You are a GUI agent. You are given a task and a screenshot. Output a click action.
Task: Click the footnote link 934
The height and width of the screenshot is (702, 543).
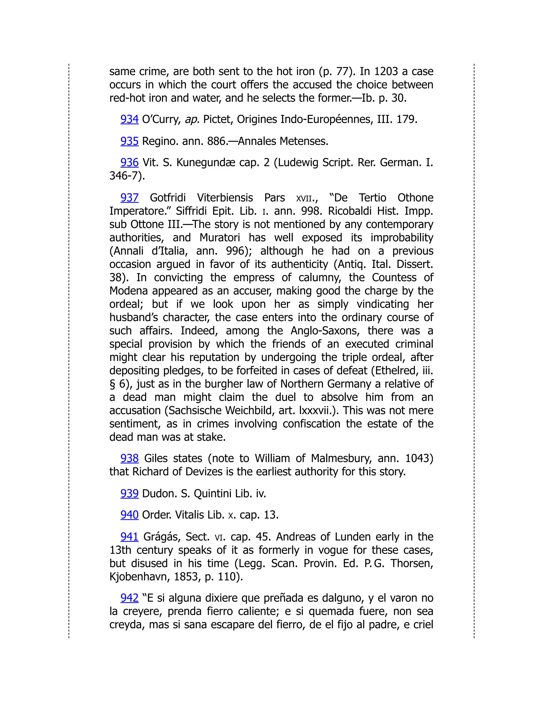129,119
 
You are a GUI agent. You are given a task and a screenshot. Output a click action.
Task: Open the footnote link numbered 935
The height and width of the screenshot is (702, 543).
129,141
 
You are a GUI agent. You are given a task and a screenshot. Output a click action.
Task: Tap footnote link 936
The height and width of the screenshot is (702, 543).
129,163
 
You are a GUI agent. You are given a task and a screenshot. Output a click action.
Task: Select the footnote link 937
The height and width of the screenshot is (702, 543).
129,198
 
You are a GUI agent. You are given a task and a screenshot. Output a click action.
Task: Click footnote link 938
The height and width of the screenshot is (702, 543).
129,458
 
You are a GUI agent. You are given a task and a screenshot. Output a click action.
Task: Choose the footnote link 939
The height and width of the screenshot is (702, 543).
129,494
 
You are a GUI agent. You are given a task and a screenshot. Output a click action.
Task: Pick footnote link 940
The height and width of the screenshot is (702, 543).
129,515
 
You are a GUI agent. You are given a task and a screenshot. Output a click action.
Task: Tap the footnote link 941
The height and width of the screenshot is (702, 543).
129,537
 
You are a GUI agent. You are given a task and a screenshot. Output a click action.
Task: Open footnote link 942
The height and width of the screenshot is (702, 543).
129,598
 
